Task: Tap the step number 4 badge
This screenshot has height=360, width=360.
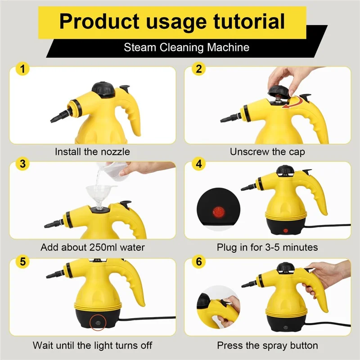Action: (198, 164)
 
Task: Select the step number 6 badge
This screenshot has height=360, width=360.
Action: (198, 261)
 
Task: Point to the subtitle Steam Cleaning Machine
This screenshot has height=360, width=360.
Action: (186, 47)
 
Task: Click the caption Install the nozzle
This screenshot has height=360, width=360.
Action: (92, 152)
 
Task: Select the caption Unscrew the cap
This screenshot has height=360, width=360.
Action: (267, 152)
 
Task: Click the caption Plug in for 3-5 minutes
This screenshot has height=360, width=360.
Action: (267, 247)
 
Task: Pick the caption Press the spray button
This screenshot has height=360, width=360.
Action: (267, 346)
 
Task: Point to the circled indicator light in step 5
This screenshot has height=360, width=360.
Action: (96, 323)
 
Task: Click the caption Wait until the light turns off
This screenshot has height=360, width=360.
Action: (92, 346)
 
